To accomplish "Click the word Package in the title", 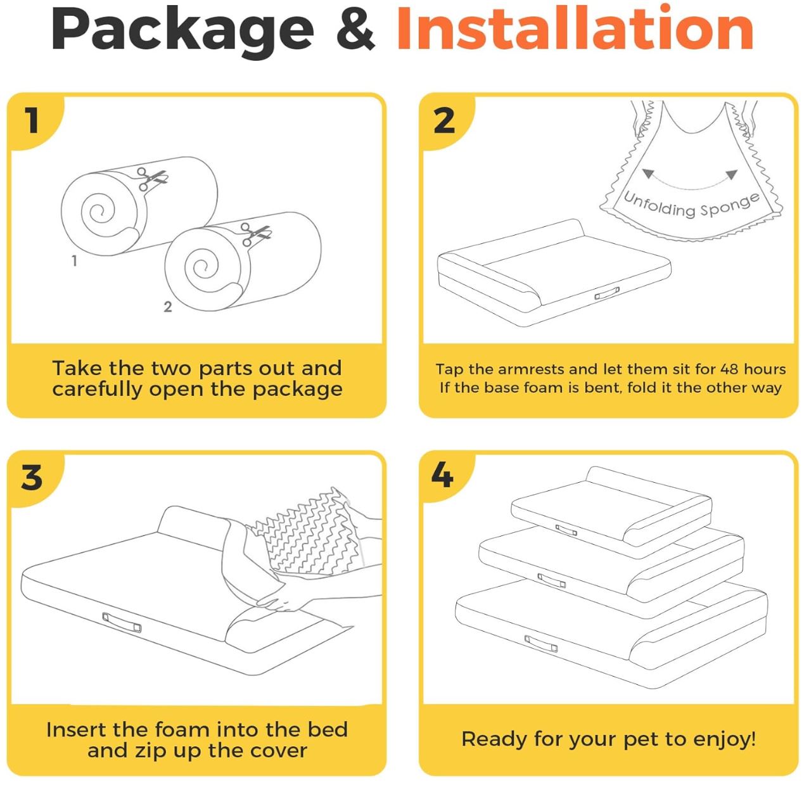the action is pyautogui.click(x=182, y=32).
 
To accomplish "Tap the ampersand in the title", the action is pyautogui.click(x=355, y=30).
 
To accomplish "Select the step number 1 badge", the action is pyautogui.click(x=32, y=120).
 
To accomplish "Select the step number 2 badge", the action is pyautogui.click(x=444, y=120).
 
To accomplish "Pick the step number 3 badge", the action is pyautogui.click(x=32, y=478).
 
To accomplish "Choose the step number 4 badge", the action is pyautogui.click(x=442, y=475).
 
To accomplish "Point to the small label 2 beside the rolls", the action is pyautogui.click(x=168, y=307).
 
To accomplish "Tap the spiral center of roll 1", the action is pyautogui.click(x=98, y=213).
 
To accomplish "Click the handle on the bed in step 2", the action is pyautogui.click(x=607, y=294).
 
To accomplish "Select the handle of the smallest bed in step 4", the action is pyautogui.click(x=566, y=530).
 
